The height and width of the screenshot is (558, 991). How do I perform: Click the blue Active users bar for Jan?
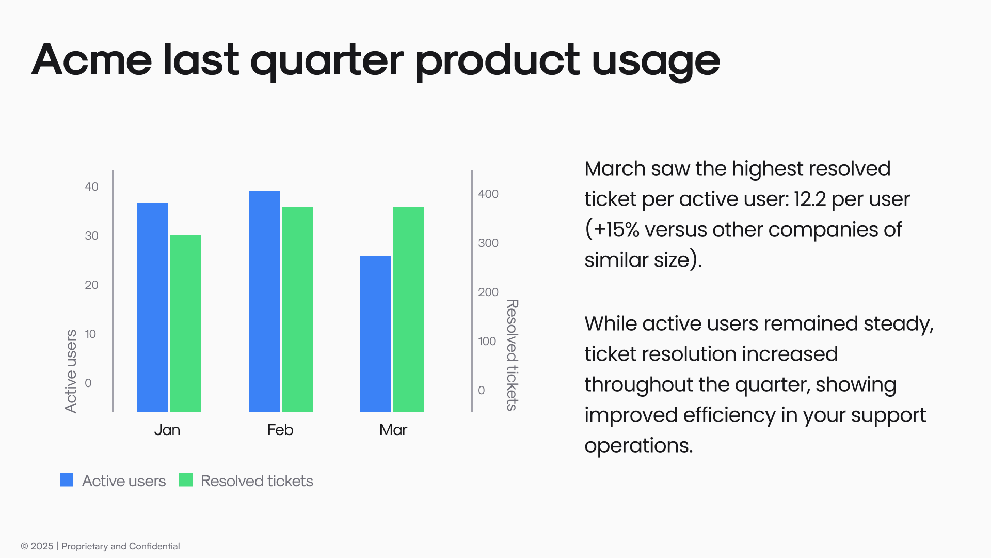click(153, 307)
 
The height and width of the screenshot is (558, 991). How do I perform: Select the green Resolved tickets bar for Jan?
click(186, 323)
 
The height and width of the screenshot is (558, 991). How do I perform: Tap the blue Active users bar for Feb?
click(264, 301)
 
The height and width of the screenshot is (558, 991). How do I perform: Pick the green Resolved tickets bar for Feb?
click(297, 309)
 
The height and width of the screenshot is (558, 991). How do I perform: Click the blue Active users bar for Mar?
click(376, 334)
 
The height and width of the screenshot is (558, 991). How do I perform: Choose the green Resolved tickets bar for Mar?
click(409, 309)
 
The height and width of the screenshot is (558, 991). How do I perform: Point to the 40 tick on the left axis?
click(91, 187)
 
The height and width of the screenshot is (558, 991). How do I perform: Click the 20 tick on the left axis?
click(91, 285)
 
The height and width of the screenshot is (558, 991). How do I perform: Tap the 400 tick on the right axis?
click(488, 194)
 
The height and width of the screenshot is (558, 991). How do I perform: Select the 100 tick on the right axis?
click(487, 341)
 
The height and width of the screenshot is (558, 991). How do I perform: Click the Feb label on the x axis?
click(280, 430)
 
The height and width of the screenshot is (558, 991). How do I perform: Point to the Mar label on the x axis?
click(393, 430)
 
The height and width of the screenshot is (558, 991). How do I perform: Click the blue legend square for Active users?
click(67, 480)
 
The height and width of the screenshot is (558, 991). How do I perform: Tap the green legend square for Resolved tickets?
click(186, 480)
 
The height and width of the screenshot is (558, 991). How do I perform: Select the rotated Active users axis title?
click(71, 371)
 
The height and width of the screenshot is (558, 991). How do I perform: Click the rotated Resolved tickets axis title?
click(512, 355)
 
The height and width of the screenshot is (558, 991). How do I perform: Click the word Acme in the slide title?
click(92, 60)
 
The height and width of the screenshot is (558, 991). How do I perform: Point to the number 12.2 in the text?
click(810, 199)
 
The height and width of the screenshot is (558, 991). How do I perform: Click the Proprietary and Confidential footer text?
click(120, 546)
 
